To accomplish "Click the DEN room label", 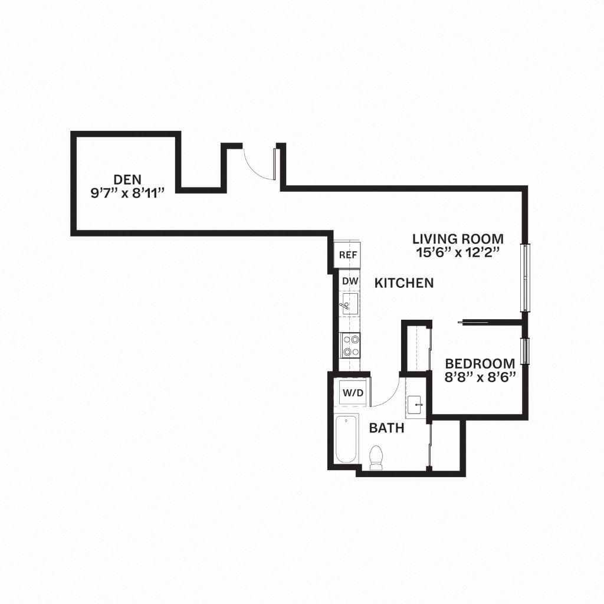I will [x=127, y=179].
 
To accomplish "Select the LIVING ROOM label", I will [x=458, y=239].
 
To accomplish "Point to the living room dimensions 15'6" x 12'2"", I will [x=458, y=252].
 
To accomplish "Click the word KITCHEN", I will [x=404, y=283].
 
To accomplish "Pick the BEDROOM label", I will [x=480, y=363].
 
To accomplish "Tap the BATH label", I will [x=387, y=428].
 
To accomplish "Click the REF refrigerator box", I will [x=348, y=255].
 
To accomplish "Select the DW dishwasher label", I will [x=350, y=281].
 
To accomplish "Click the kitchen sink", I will [x=349, y=306].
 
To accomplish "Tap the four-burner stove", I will [x=352, y=345].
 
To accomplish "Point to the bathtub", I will [x=346, y=439].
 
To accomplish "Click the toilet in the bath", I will [x=376, y=458].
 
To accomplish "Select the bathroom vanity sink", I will [x=416, y=405].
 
